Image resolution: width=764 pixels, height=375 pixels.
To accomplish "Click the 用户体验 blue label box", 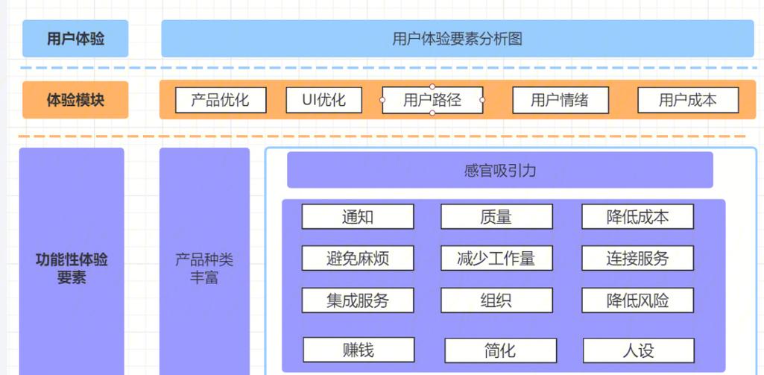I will click(75, 39).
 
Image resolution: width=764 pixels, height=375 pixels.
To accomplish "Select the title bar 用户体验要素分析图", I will click(457, 39).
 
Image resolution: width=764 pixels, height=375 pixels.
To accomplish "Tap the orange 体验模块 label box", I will click(75, 100).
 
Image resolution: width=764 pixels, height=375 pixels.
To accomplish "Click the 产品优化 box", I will click(221, 100).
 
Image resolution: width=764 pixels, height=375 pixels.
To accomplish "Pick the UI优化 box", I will click(324, 100).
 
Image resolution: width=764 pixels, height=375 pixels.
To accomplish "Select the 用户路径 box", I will click(432, 100).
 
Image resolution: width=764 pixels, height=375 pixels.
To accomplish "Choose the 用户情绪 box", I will click(560, 100).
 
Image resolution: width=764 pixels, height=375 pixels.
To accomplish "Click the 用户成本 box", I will click(688, 100).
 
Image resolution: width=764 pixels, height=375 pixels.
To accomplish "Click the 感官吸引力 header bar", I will click(499, 171).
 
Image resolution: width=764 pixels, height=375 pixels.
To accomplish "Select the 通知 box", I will click(358, 217).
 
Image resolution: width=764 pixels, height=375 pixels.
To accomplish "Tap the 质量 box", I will click(496, 217).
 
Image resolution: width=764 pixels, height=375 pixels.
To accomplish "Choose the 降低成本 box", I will click(637, 217).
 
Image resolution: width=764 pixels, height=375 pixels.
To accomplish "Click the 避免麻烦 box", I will click(358, 259).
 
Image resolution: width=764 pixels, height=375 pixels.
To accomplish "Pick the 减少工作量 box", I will click(496, 259).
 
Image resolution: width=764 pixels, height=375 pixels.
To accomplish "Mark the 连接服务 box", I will click(637, 259).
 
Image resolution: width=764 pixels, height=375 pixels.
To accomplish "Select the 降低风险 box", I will click(637, 300).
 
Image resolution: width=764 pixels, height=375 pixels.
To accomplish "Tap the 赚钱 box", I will click(359, 350).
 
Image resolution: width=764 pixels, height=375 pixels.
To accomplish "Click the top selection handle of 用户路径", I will click(432, 87).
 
